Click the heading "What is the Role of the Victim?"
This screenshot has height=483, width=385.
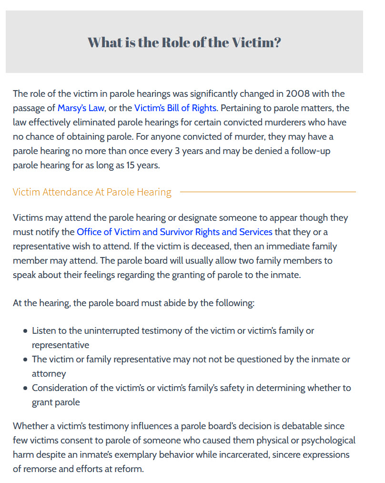(x=184, y=42)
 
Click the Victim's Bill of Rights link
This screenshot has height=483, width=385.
(x=175, y=108)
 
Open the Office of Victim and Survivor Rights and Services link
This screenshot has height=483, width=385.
(x=174, y=232)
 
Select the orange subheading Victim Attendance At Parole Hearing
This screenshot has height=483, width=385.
(x=92, y=192)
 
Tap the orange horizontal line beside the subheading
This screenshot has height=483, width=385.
(x=267, y=192)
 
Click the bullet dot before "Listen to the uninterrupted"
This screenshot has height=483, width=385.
(x=25, y=331)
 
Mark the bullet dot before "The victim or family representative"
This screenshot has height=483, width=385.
(x=25, y=360)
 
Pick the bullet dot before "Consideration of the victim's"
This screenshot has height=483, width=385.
(x=25, y=388)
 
